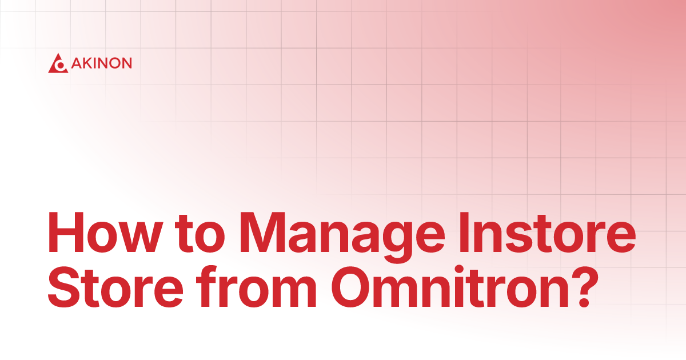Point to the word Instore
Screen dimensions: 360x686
coord(549,235)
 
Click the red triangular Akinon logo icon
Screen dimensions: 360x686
coord(58,63)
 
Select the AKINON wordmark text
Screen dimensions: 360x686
coord(101,63)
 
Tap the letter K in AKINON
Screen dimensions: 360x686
coord(85,63)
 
